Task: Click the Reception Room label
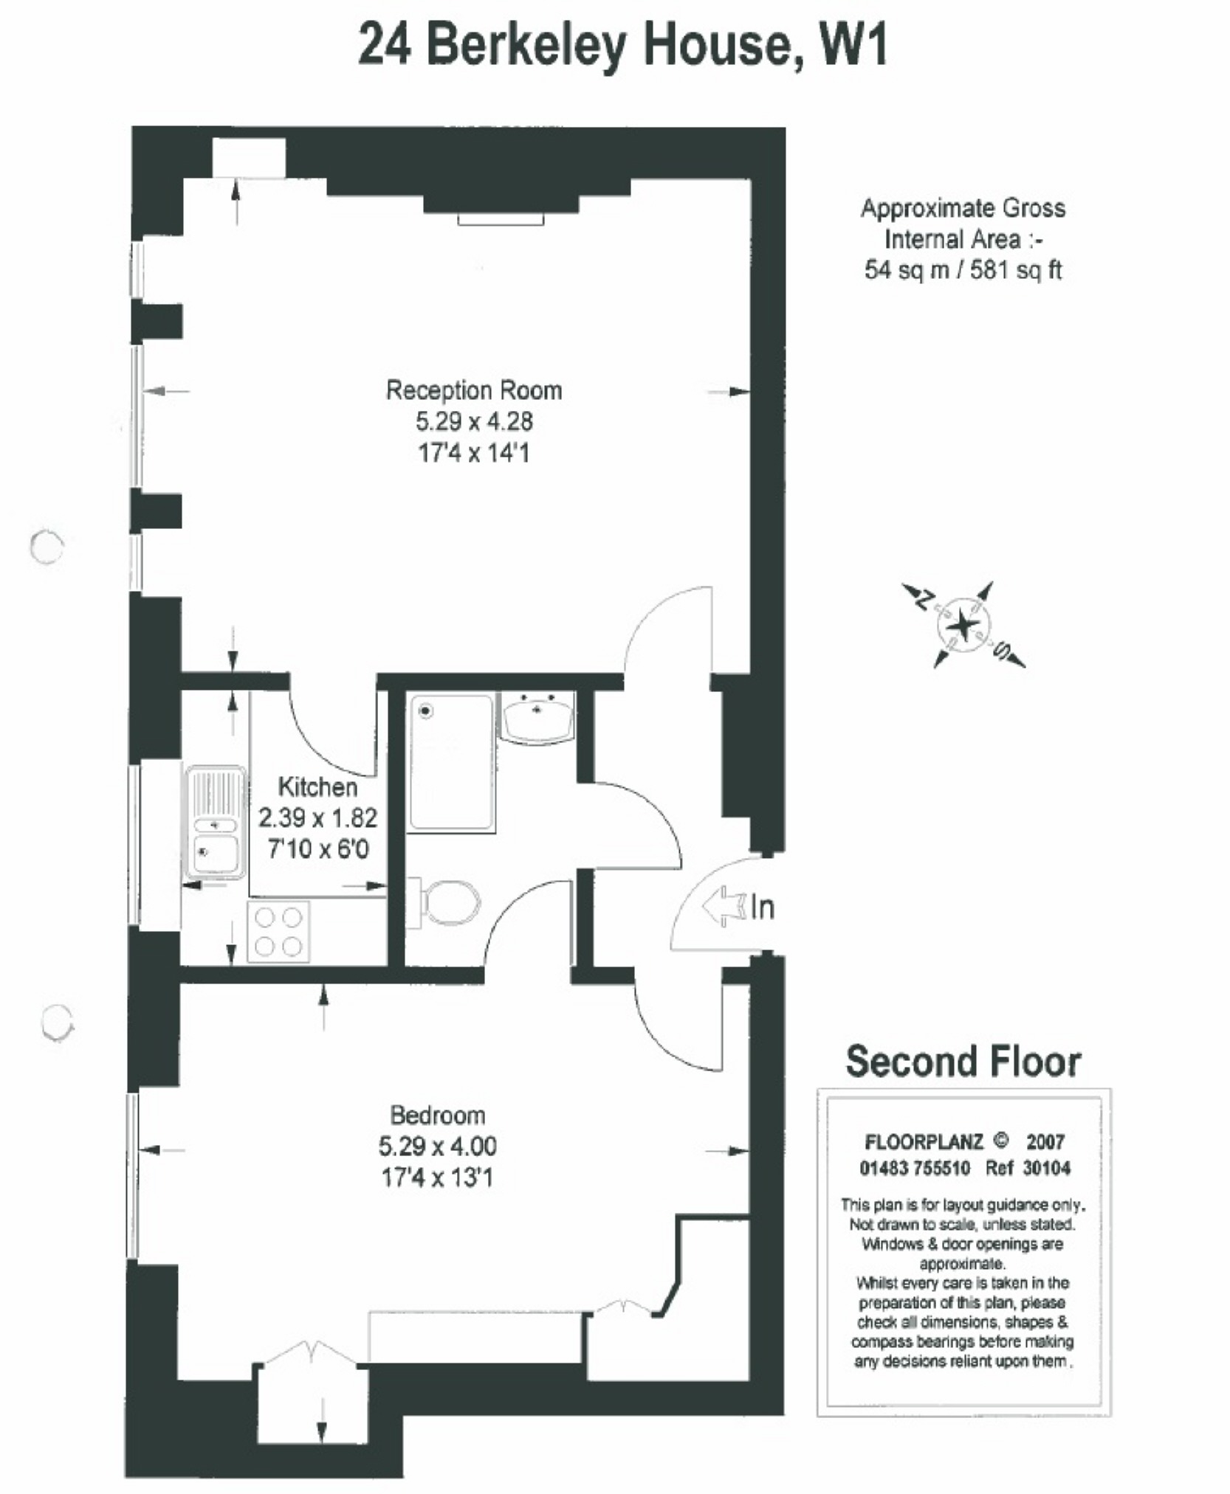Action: click(473, 390)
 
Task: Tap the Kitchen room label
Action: click(317, 786)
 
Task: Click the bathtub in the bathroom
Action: click(450, 762)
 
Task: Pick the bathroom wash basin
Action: click(537, 717)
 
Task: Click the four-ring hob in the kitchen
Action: click(278, 931)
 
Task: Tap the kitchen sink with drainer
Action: click(215, 822)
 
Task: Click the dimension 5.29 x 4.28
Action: click(473, 421)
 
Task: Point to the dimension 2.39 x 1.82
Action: click(317, 817)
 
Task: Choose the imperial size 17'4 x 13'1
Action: click(437, 1177)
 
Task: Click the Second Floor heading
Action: click(962, 1062)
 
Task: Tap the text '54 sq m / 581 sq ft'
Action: click(962, 270)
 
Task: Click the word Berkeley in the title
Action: click(526, 46)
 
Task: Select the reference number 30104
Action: click(1046, 1168)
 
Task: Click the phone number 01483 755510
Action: click(914, 1168)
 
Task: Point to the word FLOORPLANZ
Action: click(923, 1142)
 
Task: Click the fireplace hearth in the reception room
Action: click(501, 219)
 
